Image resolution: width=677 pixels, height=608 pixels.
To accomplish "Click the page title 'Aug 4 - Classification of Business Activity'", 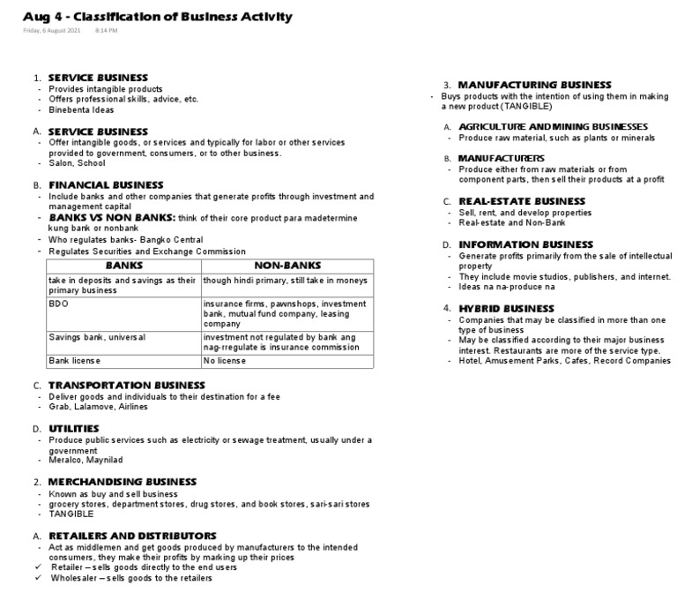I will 158,17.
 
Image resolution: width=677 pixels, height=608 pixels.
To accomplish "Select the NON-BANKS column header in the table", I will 287,265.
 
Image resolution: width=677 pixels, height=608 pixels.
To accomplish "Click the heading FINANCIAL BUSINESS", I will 106,185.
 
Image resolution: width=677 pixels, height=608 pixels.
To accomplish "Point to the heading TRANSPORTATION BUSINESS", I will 126,386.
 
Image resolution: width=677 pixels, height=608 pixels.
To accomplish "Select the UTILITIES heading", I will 73,428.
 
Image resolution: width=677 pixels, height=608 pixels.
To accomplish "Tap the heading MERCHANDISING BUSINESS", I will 122,482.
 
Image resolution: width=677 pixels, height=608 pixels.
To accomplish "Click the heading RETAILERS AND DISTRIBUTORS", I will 132,536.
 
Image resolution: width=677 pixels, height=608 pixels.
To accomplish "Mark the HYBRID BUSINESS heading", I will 506,308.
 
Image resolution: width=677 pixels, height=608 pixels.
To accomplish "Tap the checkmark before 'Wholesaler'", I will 40,578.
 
